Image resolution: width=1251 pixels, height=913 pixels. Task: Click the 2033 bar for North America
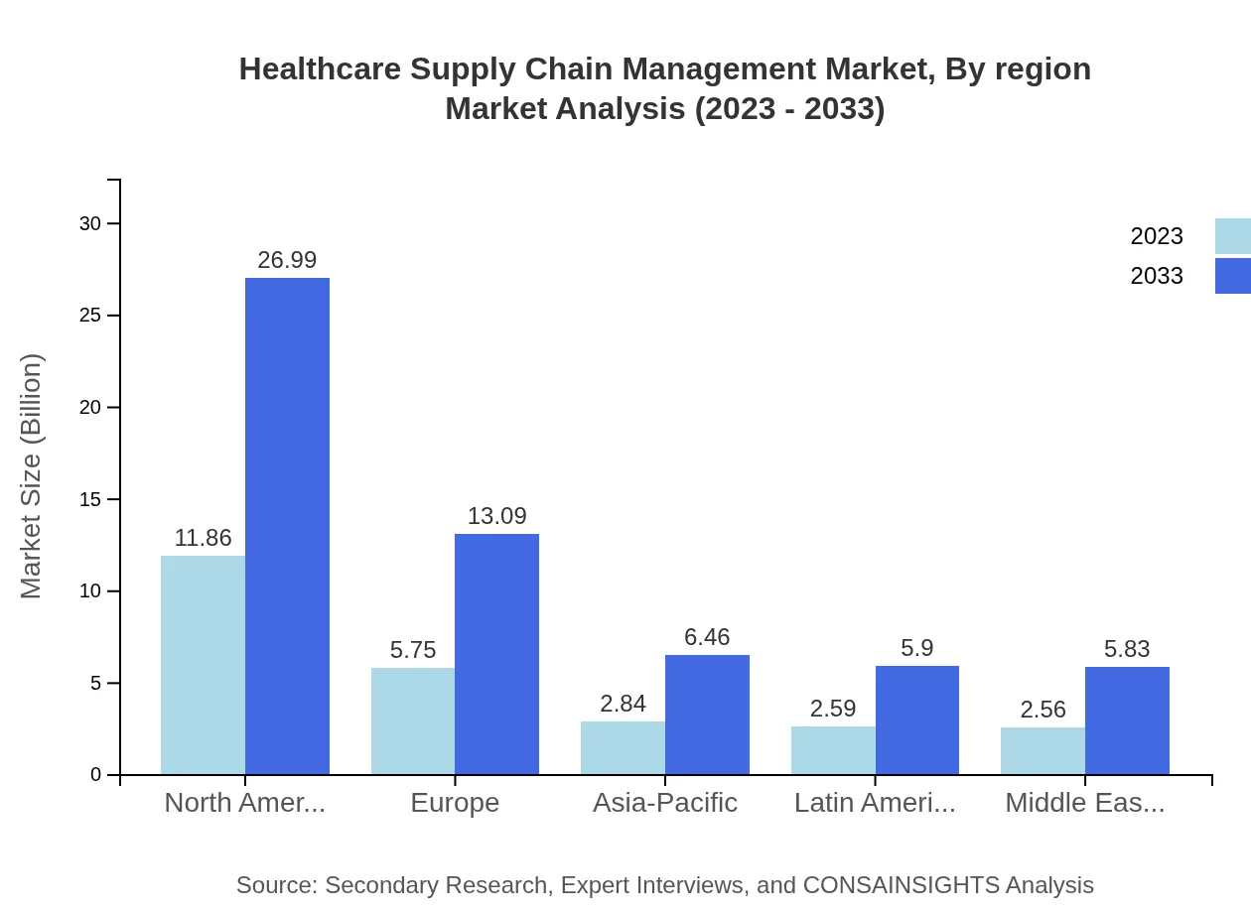pos(287,526)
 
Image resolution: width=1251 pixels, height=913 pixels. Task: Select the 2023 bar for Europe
pos(413,721)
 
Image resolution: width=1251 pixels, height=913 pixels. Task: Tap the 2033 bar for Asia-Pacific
pos(707,715)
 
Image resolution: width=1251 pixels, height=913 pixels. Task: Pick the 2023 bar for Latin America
pos(833,750)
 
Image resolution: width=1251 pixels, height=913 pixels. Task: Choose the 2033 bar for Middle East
pos(1127,720)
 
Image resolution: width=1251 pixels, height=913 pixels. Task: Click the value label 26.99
pos(287,260)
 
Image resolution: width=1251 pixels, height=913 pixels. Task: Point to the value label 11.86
pos(203,538)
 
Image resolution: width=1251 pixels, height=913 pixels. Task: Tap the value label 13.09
pos(496,516)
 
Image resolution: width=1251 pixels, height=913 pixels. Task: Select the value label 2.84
pos(623,704)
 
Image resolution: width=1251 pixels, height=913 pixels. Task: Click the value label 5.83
pos(1127,649)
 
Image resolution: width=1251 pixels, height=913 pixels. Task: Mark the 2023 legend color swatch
pos(1232,236)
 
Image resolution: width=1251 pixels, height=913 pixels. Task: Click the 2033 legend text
pos(1157,276)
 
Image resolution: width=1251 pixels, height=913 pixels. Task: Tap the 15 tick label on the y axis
pos(90,499)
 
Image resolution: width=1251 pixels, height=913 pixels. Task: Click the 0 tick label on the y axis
pos(96,775)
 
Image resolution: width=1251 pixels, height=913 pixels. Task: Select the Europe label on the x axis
pos(455,802)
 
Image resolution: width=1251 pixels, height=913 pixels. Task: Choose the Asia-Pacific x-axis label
pos(665,802)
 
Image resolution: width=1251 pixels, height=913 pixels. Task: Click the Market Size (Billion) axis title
pos(32,476)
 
